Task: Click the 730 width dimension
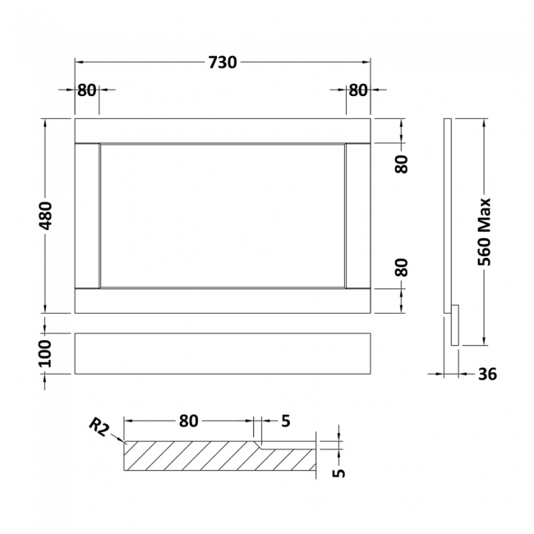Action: (x=223, y=62)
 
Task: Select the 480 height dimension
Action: (x=46, y=215)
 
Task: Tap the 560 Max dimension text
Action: (x=484, y=232)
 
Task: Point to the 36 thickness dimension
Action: (x=487, y=375)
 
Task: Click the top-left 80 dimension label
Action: (x=86, y=90)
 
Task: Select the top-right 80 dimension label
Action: (x=358, y=90)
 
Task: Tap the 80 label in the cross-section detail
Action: (x=188, y=421)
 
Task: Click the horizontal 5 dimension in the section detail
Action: (x=285, y=421)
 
